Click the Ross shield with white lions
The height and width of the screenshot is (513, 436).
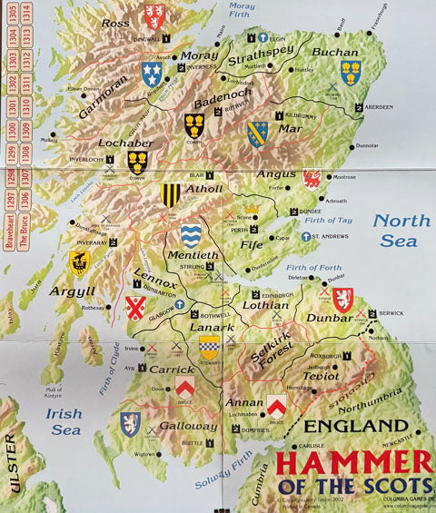pyautogui.click(x=155, y=15)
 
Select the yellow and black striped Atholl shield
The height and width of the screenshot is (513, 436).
pyautogui.click(x=170, y=193)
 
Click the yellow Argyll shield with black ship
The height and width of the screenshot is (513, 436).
pyautogui.click(x=80, y=262)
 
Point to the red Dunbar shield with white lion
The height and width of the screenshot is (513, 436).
pyautogui.click(x=342, y=300)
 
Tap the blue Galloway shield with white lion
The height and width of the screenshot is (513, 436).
pyautogui.click(x=130, y=423)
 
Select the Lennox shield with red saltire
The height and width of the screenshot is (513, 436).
pyautogui.click(x=135, y=308)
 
